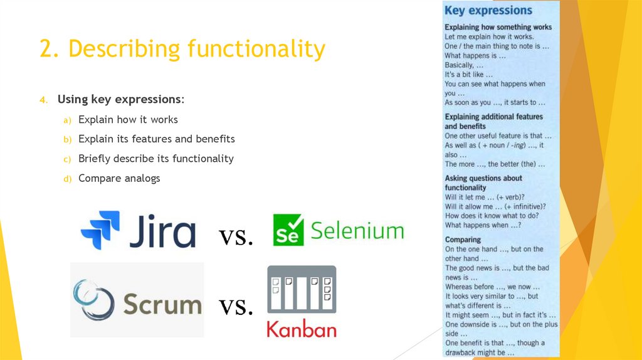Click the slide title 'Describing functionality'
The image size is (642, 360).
point(182,49)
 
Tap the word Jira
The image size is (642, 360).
point(161,231)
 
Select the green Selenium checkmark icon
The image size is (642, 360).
point(288,230)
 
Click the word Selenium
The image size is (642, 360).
point(357,231)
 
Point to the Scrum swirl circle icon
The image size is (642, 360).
point(93,299)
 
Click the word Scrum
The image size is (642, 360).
point(162,305)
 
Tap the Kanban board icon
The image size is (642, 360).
point(302,290)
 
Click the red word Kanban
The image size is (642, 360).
point(302,329)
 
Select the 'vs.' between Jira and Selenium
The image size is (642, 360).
point(236,236)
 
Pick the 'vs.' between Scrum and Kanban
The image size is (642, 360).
point(236,306)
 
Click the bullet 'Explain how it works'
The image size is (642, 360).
point(128,120)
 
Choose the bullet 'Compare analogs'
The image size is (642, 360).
point(119,179)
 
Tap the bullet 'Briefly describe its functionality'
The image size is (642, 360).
point(155,159)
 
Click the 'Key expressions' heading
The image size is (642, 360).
point(488,11)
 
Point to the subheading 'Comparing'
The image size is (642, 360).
point(463,240)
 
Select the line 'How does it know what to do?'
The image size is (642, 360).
point(492,216)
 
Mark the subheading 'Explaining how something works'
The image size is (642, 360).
point(498,28)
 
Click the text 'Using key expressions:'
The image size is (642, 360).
point(121,100)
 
